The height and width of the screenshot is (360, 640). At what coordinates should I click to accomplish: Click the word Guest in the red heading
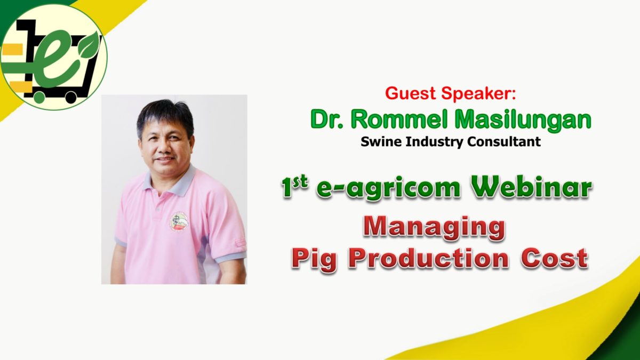[x=410, y=93]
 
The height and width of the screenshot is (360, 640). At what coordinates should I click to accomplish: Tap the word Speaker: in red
[x=478, y=93]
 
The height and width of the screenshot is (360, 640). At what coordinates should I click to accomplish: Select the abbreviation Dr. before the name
[x=326, y=119]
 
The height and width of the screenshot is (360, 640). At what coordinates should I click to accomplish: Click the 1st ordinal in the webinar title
[x=295, y=186]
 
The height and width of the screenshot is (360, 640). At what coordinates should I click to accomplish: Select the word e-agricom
[x=388, y=189]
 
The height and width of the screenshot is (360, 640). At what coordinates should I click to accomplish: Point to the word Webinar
[x=532, y=187]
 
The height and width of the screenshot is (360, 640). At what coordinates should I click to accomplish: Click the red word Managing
[x=434, y=229]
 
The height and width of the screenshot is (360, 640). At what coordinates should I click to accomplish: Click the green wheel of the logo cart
[x=38, y=97]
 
